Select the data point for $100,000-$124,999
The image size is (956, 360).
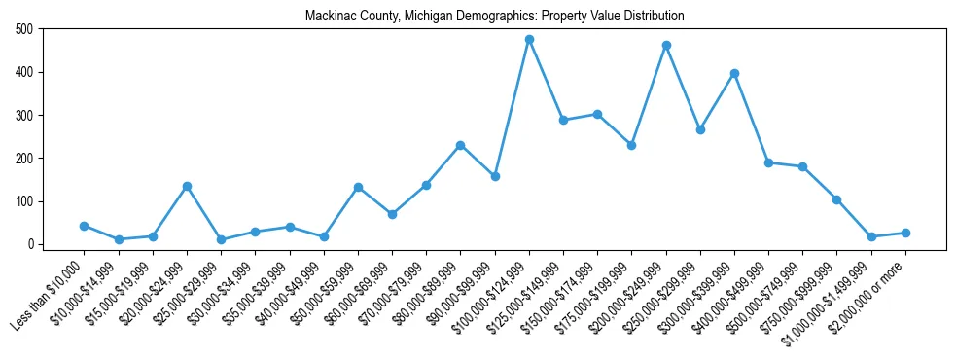529,40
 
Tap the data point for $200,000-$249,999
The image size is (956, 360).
666,46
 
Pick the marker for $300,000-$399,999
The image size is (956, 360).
734,74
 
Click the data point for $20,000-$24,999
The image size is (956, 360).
187,186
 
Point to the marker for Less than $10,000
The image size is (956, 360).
84,226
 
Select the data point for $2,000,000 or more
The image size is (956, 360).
905,233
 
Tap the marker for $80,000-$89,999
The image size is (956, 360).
460,145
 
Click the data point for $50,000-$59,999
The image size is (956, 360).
358,187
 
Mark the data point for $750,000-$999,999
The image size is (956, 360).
836,199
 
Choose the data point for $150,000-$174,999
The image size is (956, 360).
597,114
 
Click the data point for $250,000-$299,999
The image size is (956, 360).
700,129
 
